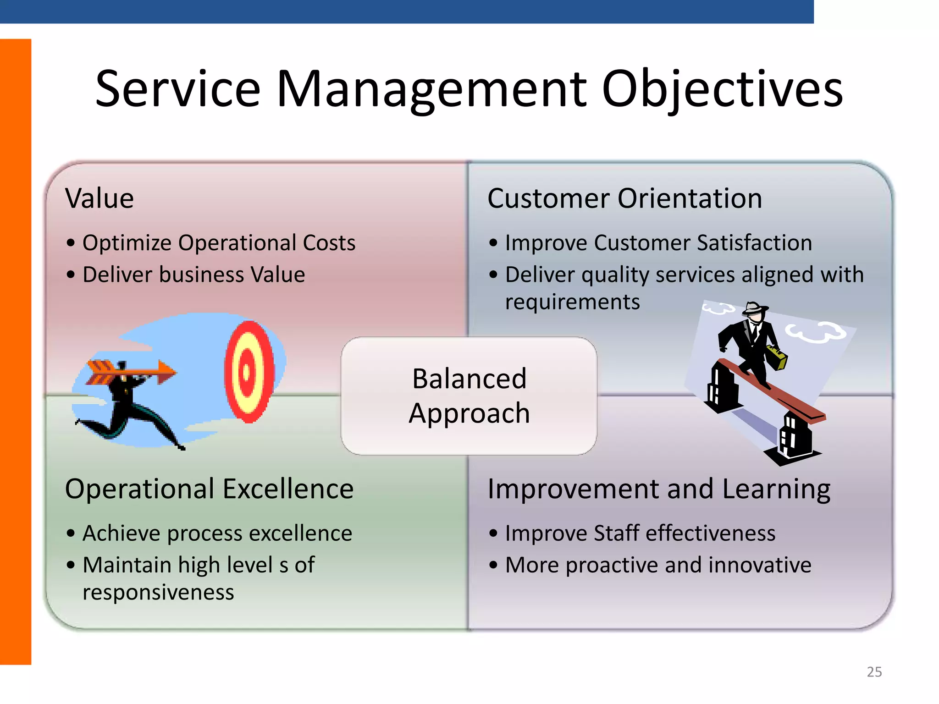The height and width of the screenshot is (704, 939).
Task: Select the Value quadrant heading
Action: pos(99,198)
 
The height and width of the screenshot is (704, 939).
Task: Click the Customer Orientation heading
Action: pos(624,198)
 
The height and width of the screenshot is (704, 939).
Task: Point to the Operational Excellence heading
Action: pos(209,489)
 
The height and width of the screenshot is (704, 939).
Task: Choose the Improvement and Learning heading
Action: pos(658,489)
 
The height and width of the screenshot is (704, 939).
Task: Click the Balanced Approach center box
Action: pos(469,396)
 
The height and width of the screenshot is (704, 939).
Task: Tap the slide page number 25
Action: pos(874,672)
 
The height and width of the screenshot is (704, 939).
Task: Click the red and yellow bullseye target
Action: pos(249,372)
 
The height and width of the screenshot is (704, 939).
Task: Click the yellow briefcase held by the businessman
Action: pos(776,357)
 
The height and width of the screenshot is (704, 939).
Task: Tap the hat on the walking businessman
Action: pos(754,308)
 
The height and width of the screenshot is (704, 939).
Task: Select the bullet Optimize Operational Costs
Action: pos(219,243)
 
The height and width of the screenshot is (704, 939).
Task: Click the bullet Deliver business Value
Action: pos(193,275)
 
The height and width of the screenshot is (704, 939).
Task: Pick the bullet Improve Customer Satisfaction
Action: pos(658,243)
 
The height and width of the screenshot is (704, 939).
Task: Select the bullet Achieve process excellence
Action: pos(217,533)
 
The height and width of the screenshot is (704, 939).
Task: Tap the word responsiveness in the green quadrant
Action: pos(158,593)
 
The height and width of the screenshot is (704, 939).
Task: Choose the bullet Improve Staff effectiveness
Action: pos(640,533)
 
